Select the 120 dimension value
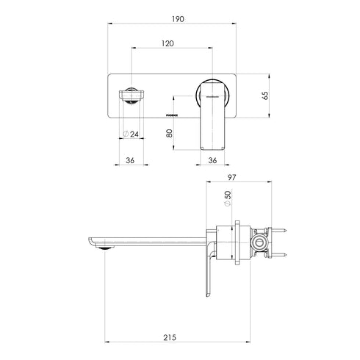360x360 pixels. [x=168, y=43]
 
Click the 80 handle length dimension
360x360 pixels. [x=170, y=134]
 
